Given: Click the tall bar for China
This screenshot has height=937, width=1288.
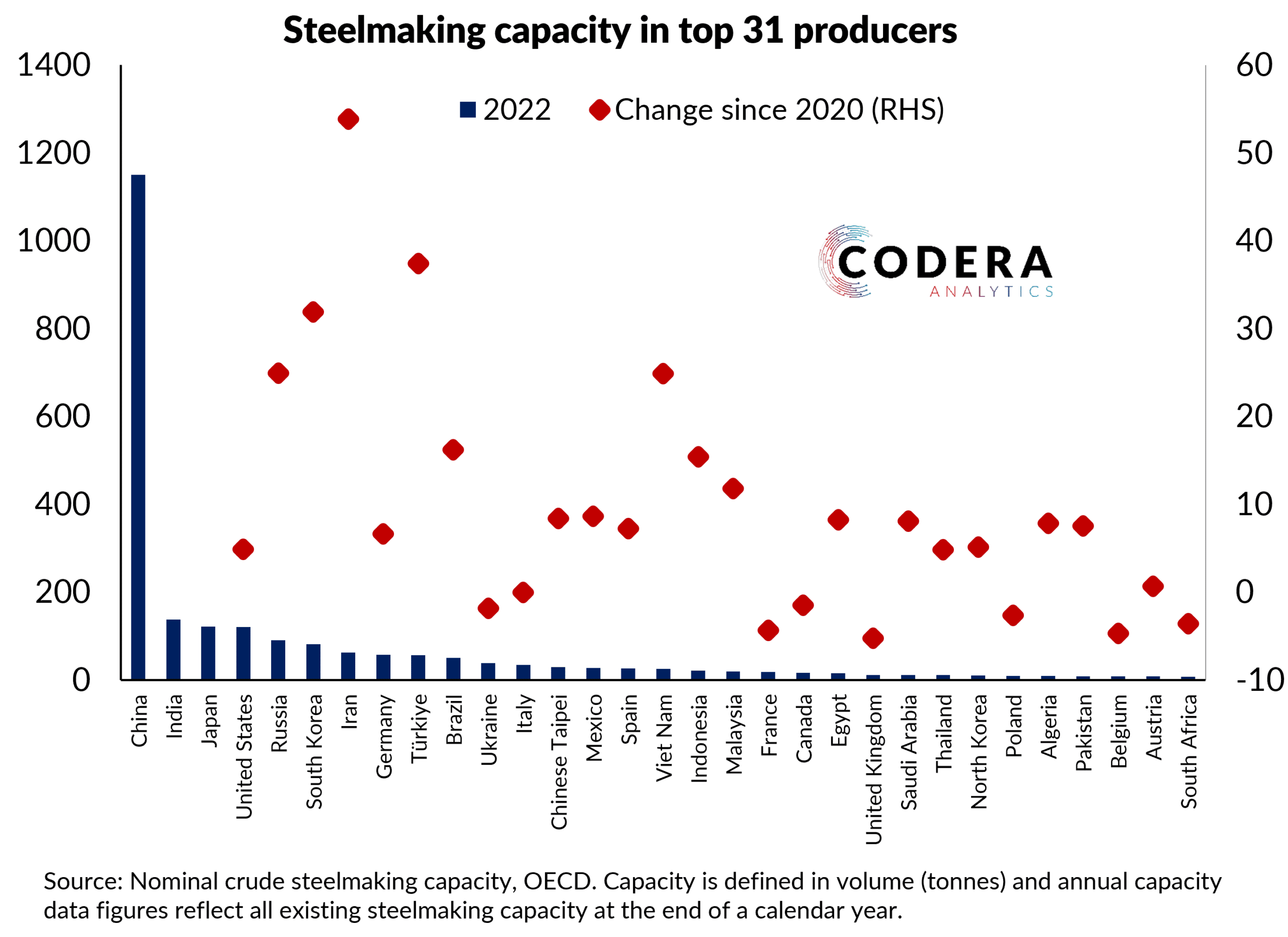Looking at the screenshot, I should pyautogui.click(x=138, y=426).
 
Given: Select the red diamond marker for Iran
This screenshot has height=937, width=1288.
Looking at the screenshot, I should pyautogui.click(x=348, y=119).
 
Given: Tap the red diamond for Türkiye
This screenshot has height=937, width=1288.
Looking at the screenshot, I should pyautogui.click(x=418, y=264).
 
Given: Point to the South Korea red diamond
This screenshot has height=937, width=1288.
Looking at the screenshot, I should pyautogui.click(x=313, y=312).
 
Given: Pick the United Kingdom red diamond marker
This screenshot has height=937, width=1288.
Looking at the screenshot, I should pyautogui.click(x=873, y=638).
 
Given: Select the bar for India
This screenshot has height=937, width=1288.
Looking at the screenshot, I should pyautogui.click(x=173, y=649).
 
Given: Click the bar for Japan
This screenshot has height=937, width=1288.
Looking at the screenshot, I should pyautogui.click(x=208, y=653).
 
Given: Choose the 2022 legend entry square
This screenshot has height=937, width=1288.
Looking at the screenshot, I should pyautogui.click(x=467, y=110).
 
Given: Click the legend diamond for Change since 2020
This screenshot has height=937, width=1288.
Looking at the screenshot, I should pyautogui.click(x=599, y=110).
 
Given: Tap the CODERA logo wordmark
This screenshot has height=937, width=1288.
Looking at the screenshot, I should pyautogui.click(x=944, y=262).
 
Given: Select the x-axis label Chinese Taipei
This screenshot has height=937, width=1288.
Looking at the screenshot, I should pyautogui.click(x=559, y=761).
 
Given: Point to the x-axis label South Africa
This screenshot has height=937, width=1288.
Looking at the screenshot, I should pyautogui.click(x=1188, y=751).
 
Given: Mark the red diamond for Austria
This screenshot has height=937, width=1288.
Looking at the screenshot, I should pyautogui.click(x=1153, y=586).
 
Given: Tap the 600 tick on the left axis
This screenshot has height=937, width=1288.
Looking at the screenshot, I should pyautogui.click(x=62, y=416).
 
